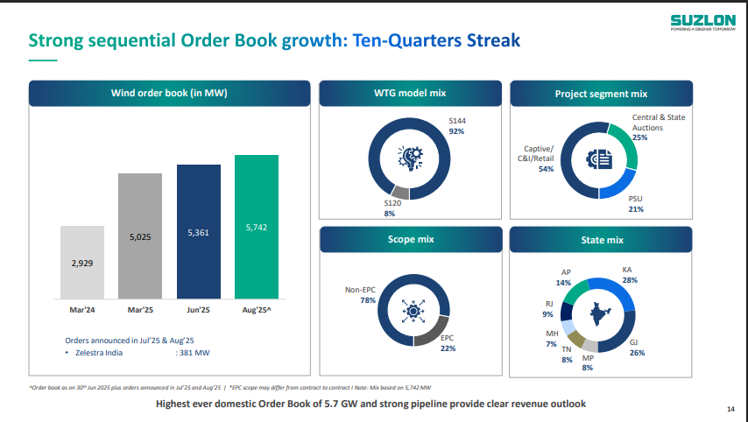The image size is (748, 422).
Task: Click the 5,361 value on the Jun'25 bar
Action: coord(199,233)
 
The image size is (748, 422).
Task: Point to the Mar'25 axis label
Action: coord(140,310)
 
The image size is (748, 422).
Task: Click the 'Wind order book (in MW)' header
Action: coord(170,94)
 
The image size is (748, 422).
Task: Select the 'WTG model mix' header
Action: coord(410,94)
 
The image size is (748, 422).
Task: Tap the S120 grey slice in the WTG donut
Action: coord(400,193)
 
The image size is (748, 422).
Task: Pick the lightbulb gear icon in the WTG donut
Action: coord(410,158)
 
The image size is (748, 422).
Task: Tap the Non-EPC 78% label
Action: coord(361,295)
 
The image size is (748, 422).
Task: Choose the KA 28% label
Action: coord(629,275)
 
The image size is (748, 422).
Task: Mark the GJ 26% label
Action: coord(637,348)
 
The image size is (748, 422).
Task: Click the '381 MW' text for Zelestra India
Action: coord(194,353)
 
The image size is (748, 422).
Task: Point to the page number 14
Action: coord(731,409)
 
